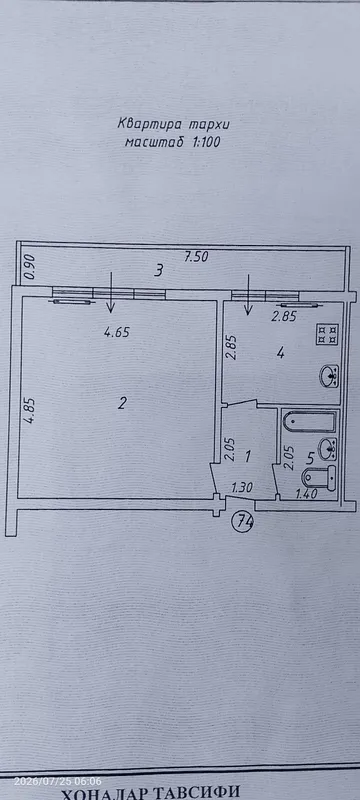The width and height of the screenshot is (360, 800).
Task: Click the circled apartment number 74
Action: pyautogui.click(x=243, y=521)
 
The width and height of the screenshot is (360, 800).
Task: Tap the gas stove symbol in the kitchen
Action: pyautogui.click(x=328, y=334)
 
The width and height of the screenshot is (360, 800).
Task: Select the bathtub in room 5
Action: pyautogui.click(x=310, y=421)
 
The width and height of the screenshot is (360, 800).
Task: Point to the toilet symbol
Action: pyautogui.click(x=319, y=478)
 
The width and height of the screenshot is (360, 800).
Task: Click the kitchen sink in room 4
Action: pyautogui.click(x=329, y=377)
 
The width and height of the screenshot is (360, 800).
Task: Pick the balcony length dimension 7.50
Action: pyautogui.click(x=196, y=257)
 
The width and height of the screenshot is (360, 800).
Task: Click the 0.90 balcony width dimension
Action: pyautogui.click(x=30, y=268)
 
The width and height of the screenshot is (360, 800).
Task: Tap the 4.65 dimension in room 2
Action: pyautogui.click(x=117, y=333)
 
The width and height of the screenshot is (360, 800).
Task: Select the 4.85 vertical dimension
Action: pyautogui.click(x=31, y=411)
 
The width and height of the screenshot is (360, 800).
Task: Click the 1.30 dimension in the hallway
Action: pyautogui.click(x=243, y=488)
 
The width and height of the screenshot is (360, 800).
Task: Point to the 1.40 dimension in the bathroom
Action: pyautogui.click(x=306, y=493)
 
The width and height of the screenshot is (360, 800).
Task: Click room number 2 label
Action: pyautogui.click(x=121, y=404)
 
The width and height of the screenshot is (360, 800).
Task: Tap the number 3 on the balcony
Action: pyautogui.click(x=159, y=270)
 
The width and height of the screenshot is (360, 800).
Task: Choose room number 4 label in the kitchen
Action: pyautogui.click(x=280, y=353)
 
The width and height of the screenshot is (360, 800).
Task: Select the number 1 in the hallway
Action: pyautogui.click(x=248, y=455)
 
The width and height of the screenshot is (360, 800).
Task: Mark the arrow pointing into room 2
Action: pyautogui.click(x=111, y=292)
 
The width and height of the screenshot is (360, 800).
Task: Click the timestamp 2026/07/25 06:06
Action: pyautogui.click(x=57, y=781)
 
